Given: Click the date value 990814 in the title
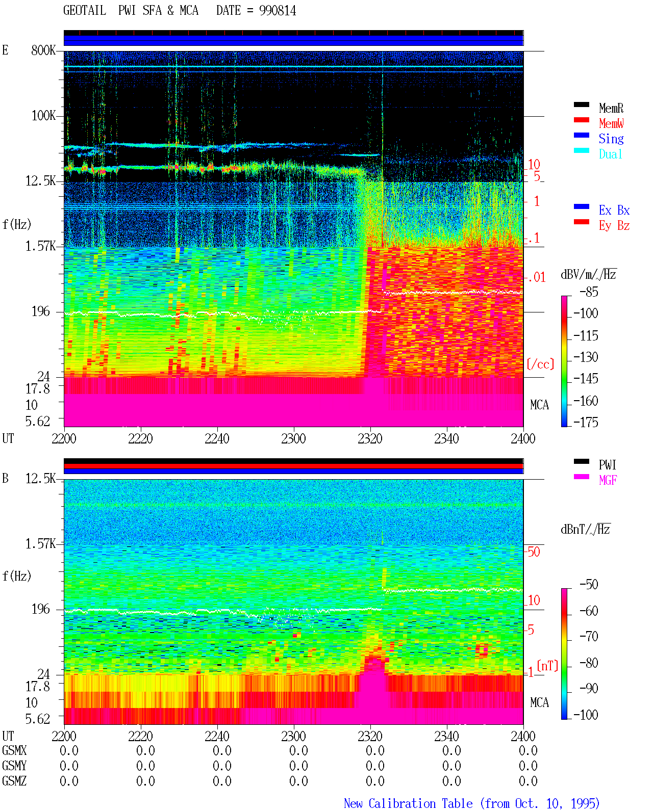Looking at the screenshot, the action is (x=278, y=11).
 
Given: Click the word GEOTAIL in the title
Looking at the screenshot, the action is (x=85, y=11).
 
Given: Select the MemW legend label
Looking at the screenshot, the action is (x=611, y=123).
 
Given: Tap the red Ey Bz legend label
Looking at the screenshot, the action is (x=614, y=226).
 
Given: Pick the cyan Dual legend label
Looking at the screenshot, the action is (x=611, y=154).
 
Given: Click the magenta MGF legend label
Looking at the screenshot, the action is (x=608, y=480).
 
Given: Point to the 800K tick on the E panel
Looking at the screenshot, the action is (x=43, y=50).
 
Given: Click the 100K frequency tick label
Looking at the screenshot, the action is (x=43, y=116).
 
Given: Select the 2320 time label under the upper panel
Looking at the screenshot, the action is (x=370, y=438).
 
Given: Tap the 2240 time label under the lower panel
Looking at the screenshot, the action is (x=217, y=736).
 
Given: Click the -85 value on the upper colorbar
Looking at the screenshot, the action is (x=589, y=292).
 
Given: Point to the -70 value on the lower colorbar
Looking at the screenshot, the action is (x=589, y=637).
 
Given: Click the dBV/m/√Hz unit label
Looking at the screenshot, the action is (x=589, y=274).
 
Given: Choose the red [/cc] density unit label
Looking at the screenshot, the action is (x=540, y=364).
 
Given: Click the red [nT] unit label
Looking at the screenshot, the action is (x=547, y=665).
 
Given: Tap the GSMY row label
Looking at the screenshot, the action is (x=14, y=766).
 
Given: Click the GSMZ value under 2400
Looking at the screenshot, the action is (x=528, y=781).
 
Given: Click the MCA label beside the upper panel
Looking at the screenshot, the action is (x=539, y=405).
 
